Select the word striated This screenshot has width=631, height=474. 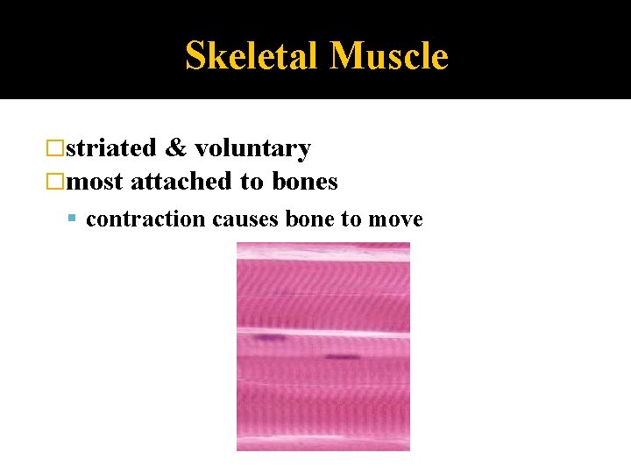[x=111, y=148]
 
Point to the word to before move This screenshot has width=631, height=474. [x=351, y=219]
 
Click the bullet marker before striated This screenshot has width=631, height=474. [x=57, y=149]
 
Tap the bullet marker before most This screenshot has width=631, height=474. [x=57, y=182]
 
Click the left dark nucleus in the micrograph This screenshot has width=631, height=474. [x=270, y=337]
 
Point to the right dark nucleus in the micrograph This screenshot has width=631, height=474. [x=341, y=356]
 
